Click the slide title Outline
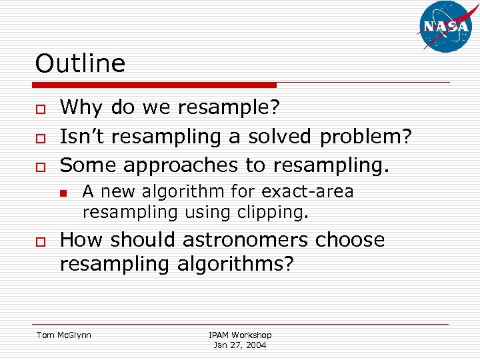80,64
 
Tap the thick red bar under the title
155,85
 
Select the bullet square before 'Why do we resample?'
41,109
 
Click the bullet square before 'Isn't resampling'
41,138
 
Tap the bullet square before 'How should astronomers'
41,241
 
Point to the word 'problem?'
365,137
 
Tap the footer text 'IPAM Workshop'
240,335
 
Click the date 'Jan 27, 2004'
240,345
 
